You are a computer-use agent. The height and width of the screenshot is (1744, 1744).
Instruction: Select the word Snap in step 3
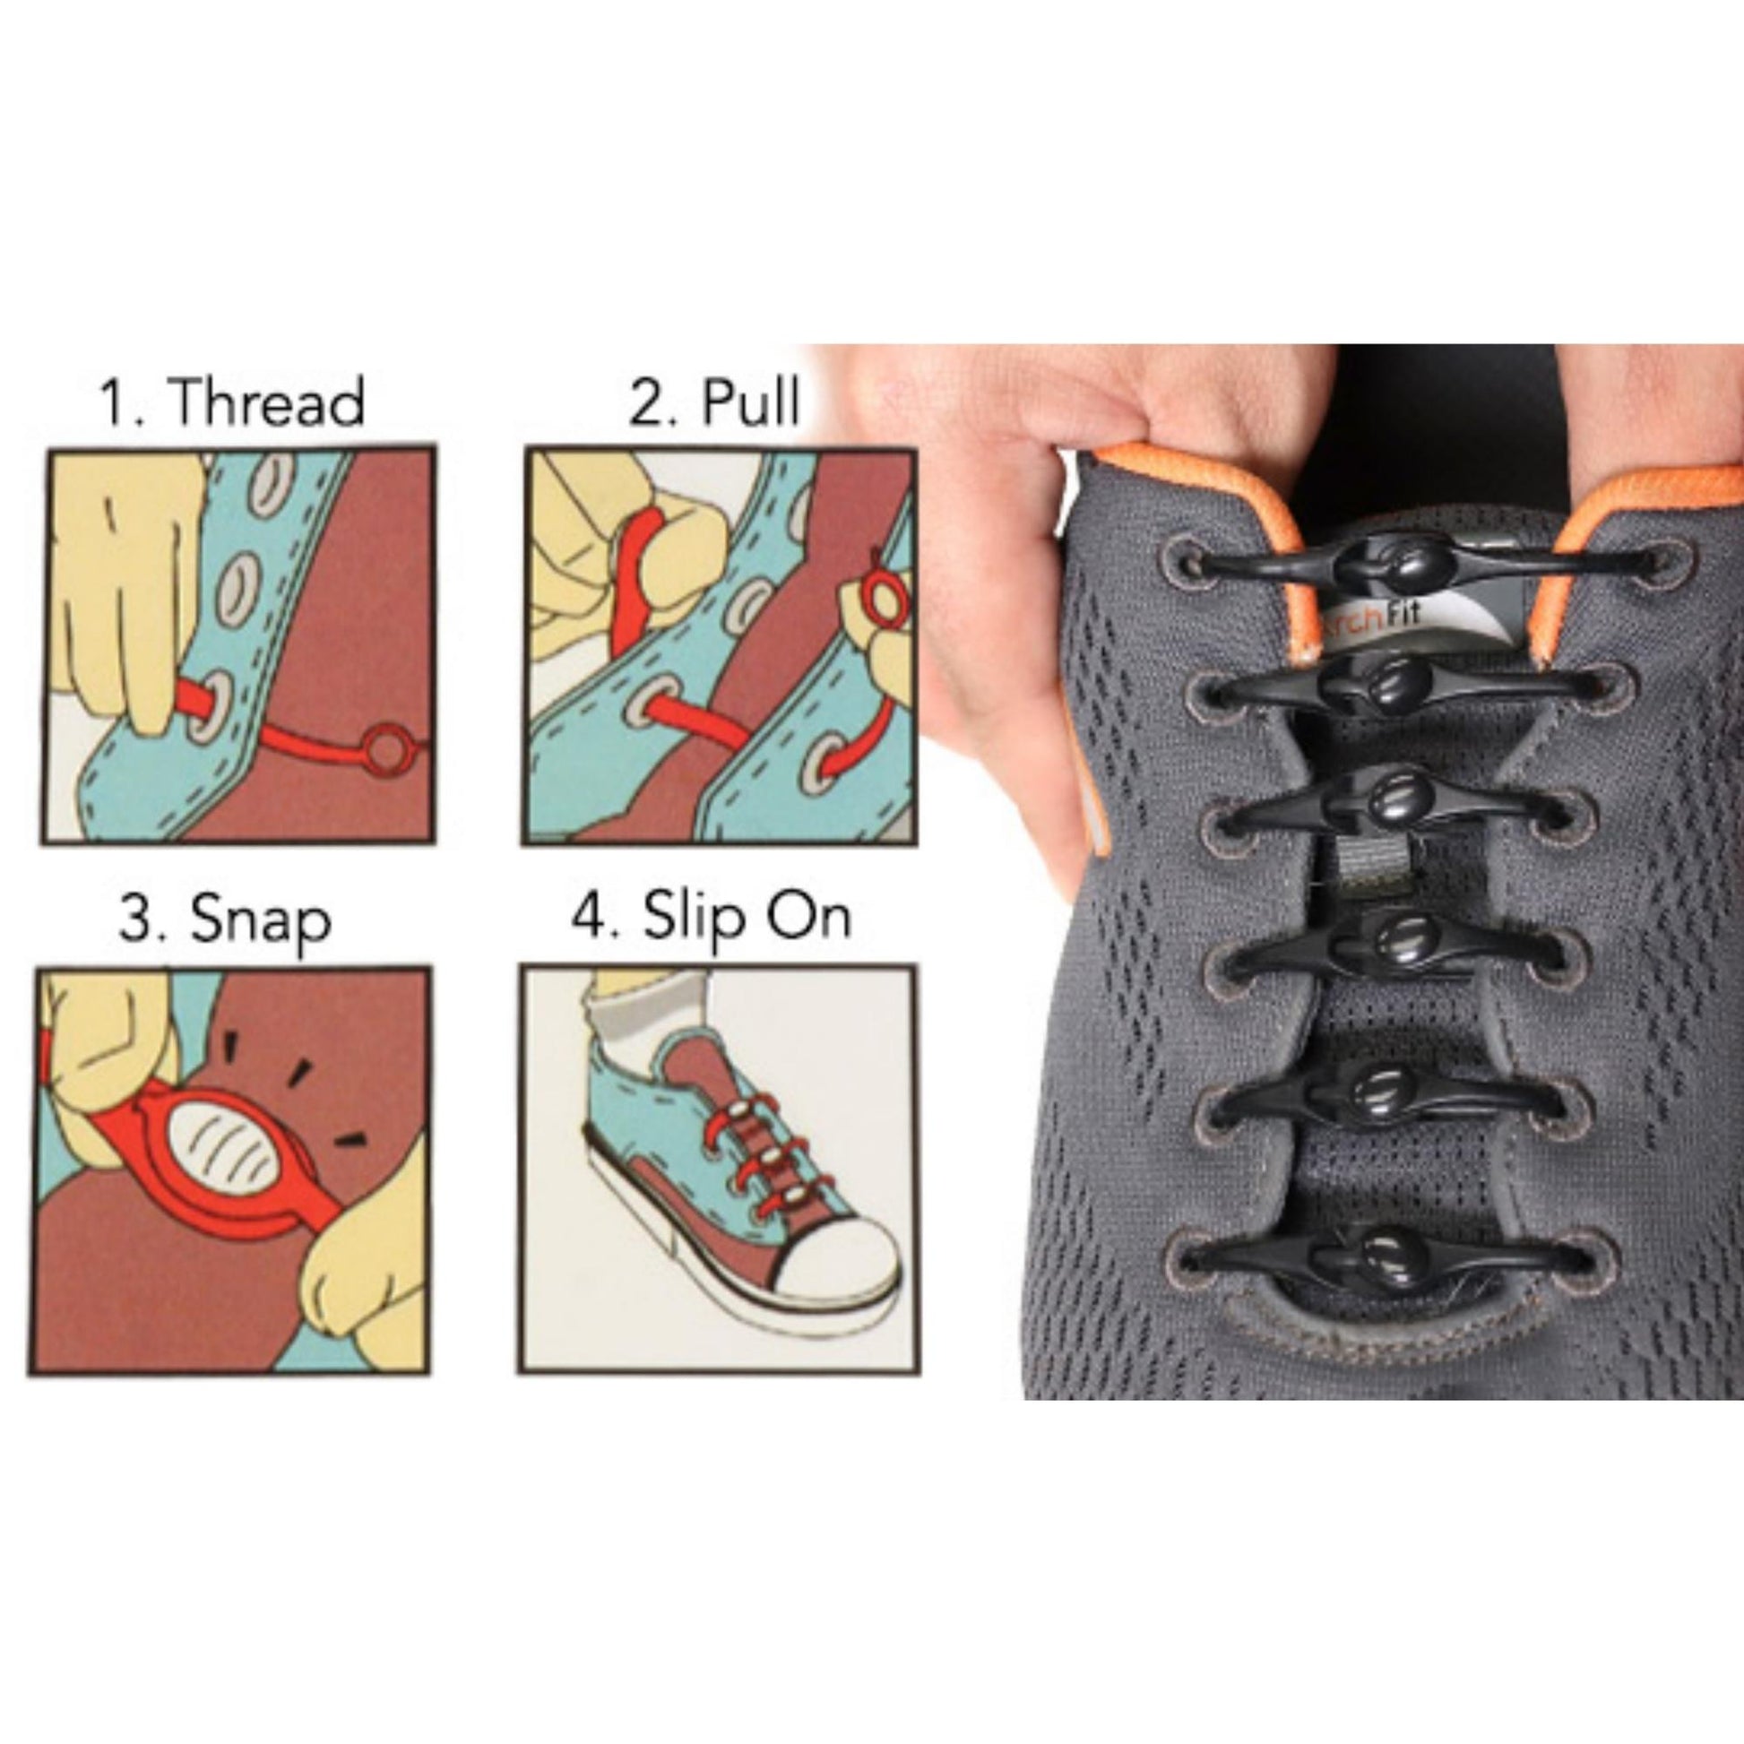[261, 922]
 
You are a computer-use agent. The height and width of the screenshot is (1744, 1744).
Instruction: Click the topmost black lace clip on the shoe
[1408, 565]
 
